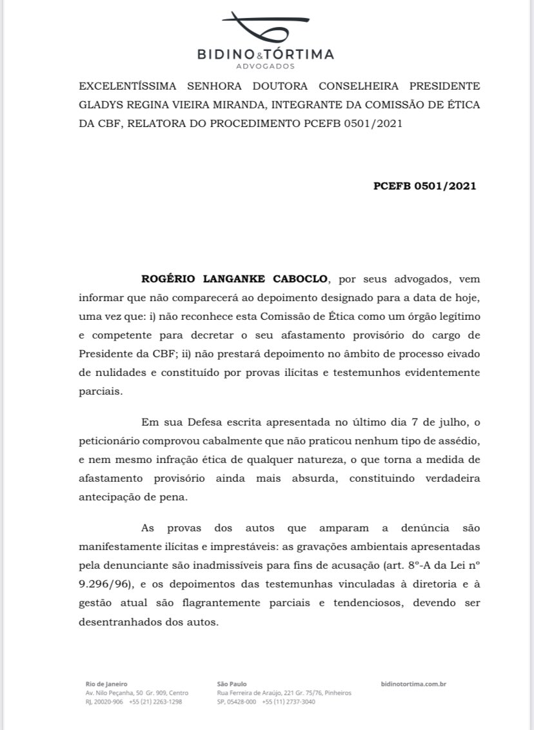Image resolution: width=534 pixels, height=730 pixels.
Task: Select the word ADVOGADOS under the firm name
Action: tap(265, 66)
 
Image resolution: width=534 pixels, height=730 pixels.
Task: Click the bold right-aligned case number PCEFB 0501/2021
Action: tap(424, 186)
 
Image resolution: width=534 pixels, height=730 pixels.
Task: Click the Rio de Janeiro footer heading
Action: tap(106, 684)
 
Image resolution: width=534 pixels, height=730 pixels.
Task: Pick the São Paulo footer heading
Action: tap(232, 684)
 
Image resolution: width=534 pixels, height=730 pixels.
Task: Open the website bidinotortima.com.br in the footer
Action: tap(414, 684)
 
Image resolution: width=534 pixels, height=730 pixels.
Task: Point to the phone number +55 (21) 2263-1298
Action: tap(155, 702)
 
